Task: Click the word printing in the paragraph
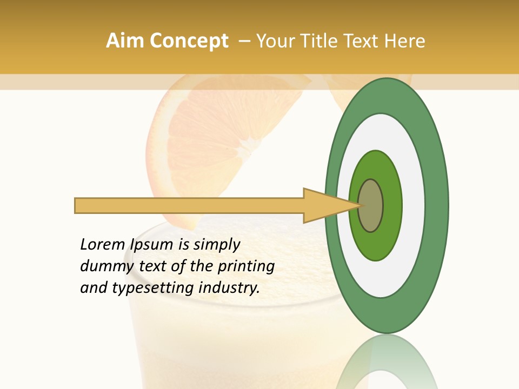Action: (246, 266)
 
